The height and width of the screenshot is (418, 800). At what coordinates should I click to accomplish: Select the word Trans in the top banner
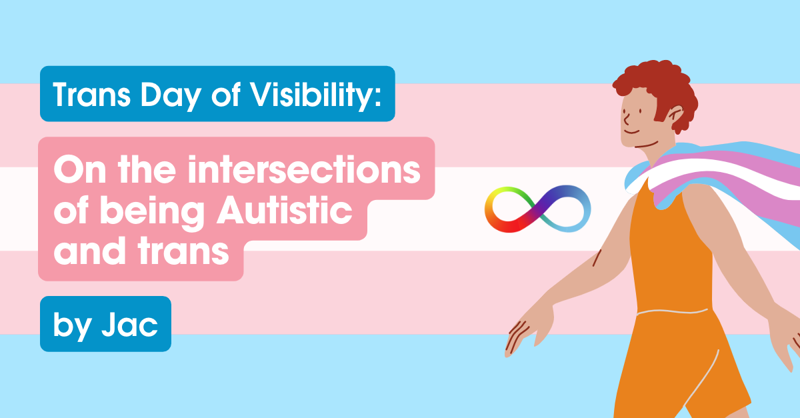[87, 95]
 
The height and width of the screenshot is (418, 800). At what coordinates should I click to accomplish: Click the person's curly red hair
[657, 83]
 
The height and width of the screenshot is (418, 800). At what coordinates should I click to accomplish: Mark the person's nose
[626, 120]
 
